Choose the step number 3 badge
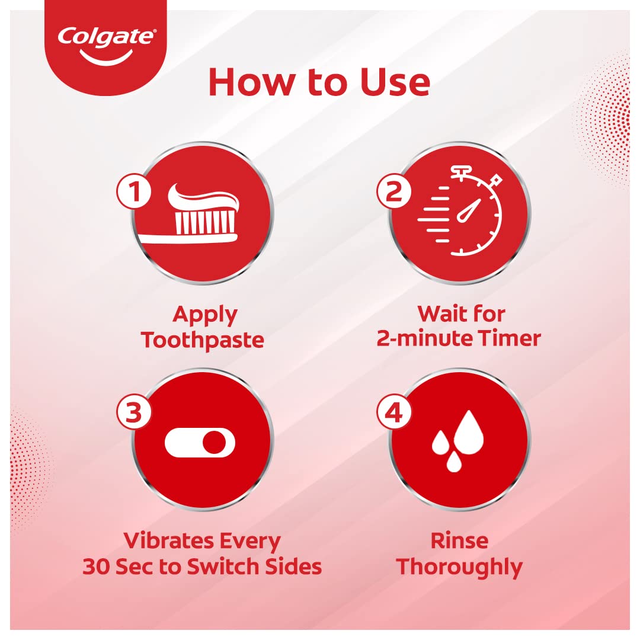coord(135,412)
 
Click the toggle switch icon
coord(200,443)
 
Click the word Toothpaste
coord(203,340)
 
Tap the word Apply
coord(205,315)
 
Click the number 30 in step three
coord(96,567)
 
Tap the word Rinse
coord(459,540)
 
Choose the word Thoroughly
coord(460,567)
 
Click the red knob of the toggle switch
coord(214,443)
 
